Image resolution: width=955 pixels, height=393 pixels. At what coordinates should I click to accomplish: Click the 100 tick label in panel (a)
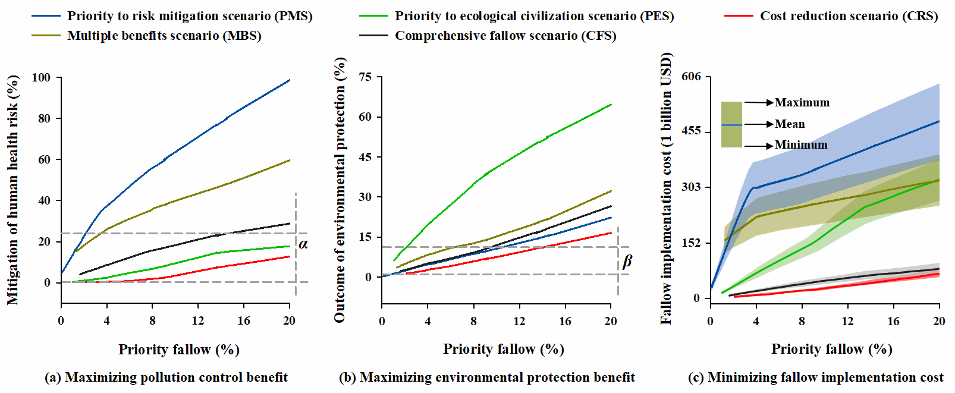click(x=41, y=77)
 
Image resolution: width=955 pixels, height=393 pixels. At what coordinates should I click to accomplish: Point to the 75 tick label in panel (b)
click(x=365, y=77)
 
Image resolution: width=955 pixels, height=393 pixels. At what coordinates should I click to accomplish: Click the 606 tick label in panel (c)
click(x=691, y=76)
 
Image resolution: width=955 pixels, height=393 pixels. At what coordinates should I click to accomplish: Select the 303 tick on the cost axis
click(x=691, y=187)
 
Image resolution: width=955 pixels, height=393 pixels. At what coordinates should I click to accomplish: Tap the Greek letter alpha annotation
click(x=303, y=244)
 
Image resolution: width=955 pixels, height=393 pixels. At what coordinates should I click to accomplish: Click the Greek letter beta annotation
click(x=627, y=262)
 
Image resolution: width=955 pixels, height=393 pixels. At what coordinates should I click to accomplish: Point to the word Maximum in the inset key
click(x=802, y=103)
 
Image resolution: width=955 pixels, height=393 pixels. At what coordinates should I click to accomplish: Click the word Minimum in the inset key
click(x=800, y=145)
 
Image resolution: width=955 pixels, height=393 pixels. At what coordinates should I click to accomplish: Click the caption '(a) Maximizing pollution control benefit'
click(x=166, y=378)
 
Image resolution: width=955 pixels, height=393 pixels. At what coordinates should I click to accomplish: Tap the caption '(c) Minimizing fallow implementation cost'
click(x=815, y=378)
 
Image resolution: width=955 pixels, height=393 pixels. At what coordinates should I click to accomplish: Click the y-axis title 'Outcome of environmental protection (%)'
click(x=340, y=190)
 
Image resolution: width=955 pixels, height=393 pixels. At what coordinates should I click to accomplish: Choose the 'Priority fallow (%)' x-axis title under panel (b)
click(x=503, y=349)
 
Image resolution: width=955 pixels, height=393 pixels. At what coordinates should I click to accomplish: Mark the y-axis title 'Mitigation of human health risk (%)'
click(x=12, y=190)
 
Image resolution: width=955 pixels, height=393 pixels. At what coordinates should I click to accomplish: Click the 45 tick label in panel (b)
click(x=365, y=157)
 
